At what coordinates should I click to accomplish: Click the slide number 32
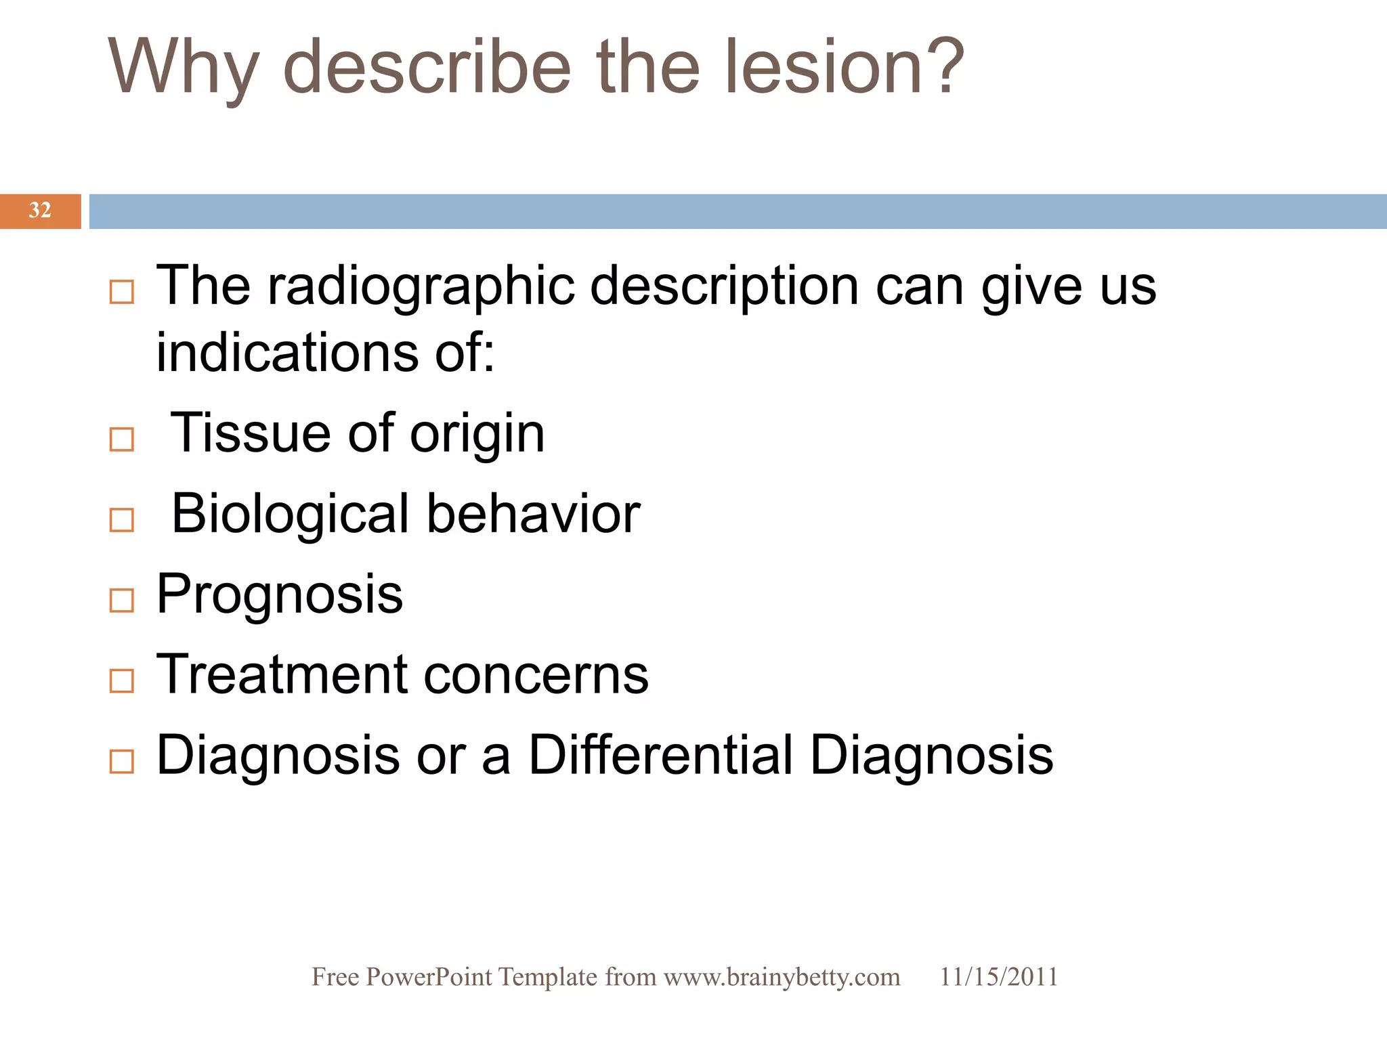tap(40, 211)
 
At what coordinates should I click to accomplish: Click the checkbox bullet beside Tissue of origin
tap(122, 439)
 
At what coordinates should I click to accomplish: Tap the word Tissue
tap(250, 433)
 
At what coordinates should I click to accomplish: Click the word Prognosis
tap(279, 594)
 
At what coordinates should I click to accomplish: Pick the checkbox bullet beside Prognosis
tap(122, 600)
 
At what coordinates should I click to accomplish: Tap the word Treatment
tap(282, 674)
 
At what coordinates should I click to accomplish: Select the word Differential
tap(660, 755)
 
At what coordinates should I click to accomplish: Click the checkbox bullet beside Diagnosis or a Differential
tap(122, 761)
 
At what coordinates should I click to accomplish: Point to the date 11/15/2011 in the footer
tap(998, 977)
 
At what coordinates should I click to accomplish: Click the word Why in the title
tap(183, 68)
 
